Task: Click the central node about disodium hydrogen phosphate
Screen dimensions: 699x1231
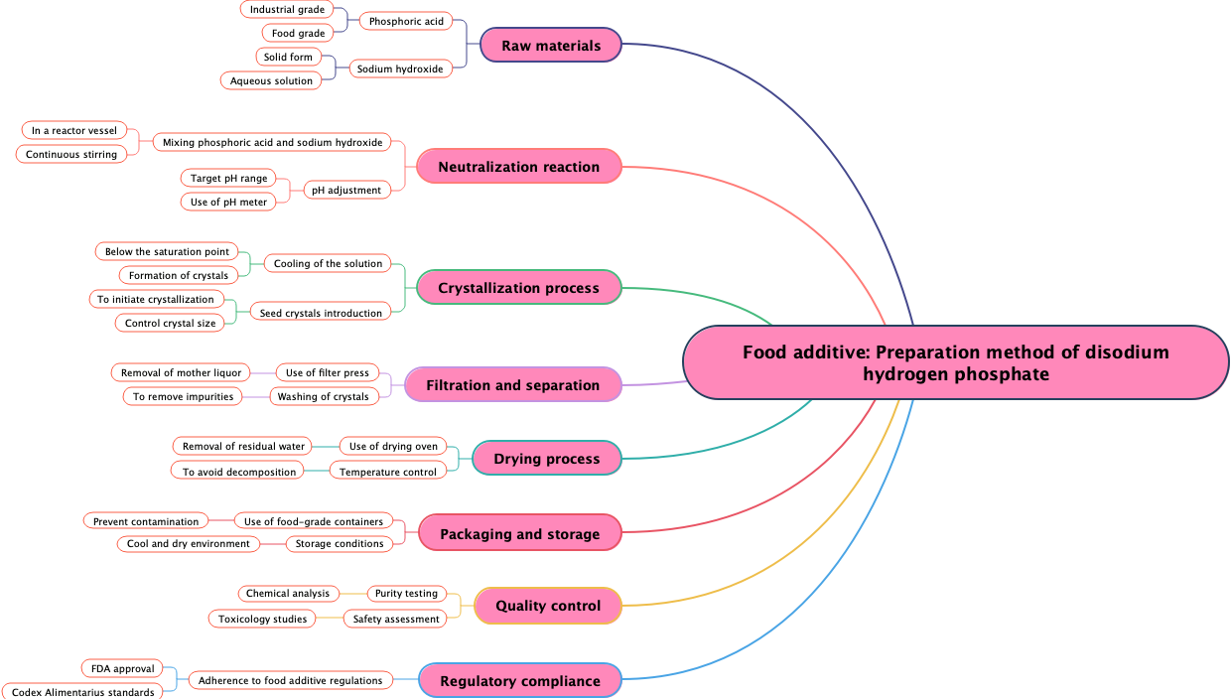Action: point(955,363)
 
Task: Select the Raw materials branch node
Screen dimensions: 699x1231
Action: point(551,46)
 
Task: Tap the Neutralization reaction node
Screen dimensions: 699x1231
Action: point(518,167)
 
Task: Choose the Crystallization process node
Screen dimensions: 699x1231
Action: point(518,288)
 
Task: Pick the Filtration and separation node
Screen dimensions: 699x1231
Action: point(512,385)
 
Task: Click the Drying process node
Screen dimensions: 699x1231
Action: point(546,459)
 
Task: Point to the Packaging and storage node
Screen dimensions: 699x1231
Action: point(519,534)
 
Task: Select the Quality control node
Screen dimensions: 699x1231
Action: point(548,606)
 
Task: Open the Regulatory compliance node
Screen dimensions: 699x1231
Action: point(519,681)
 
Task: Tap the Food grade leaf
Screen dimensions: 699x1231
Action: point(299,33)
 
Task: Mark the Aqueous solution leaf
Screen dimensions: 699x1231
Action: point(271,80)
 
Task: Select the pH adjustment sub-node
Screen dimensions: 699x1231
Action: point(345,190)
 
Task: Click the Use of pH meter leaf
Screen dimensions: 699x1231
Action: point(228,202)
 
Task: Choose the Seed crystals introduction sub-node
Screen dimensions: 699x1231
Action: point(321,313)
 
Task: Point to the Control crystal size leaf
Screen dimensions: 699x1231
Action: point(171,323)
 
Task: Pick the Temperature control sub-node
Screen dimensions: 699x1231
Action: point(387,472)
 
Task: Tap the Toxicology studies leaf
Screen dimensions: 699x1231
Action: point(262,619)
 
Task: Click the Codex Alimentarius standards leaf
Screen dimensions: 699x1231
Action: point(82,692)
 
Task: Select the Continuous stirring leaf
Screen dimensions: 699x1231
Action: point(70,154)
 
